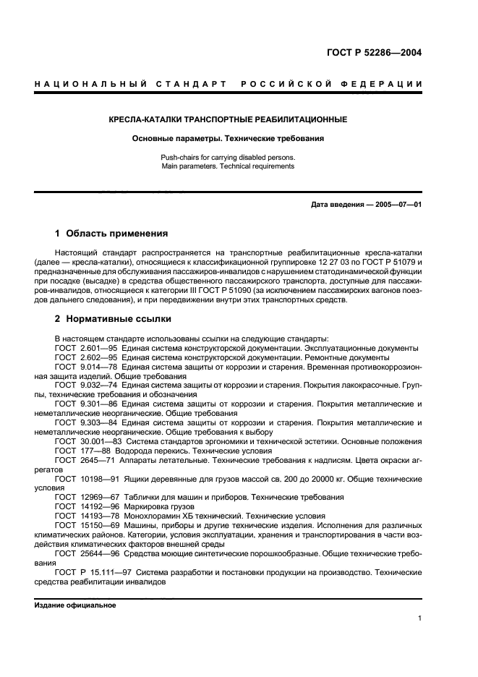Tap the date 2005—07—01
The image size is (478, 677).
[397, 205]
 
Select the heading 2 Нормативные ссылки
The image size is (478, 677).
[113, 318]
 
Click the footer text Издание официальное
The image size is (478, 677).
[70, 605]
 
